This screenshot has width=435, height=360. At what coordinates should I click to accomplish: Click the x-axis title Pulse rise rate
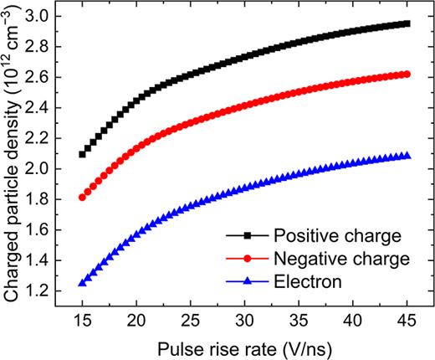tap(244, 347)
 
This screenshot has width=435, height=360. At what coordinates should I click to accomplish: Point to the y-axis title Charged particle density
tap(14, 160)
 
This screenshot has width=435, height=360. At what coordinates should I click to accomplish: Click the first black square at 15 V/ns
tap(82, 154)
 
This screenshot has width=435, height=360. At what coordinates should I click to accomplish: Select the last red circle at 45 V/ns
tap(407, 74)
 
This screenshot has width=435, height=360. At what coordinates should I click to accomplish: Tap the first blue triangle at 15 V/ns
tap(82, 283)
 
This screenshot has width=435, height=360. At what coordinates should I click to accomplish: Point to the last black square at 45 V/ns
tap(407, 23)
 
